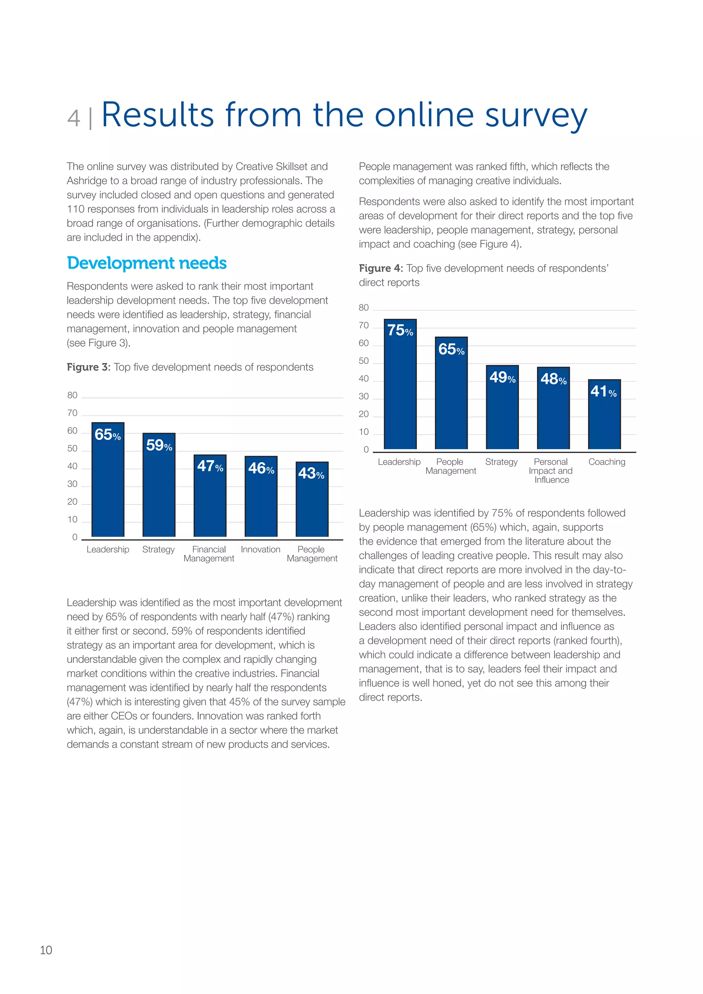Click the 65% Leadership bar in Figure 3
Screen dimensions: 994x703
[x=108, y=485]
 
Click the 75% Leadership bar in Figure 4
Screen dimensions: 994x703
[x=400, y=390]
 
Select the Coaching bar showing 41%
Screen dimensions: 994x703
[x=604, y=420]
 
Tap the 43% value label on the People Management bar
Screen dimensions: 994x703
[x=311, y=473]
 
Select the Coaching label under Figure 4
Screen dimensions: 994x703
[x=607, y=462]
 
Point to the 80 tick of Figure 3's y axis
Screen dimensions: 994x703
[x=72, y=395]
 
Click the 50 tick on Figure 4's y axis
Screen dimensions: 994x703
[x=364, y=361]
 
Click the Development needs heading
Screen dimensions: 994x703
[x=147, y=263]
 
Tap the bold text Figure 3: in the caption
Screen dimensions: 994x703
[x=88, y=367]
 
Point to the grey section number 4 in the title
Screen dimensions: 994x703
[x=74, y=118]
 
